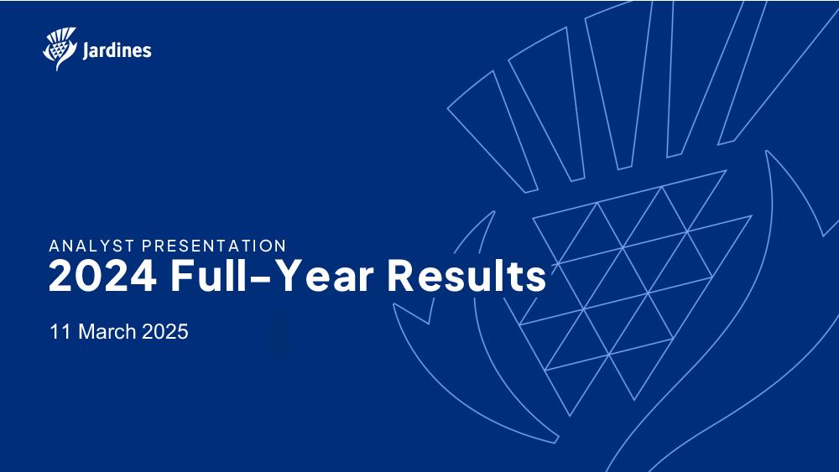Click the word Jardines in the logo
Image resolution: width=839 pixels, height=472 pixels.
117,51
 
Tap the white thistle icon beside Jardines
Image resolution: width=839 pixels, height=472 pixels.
60,49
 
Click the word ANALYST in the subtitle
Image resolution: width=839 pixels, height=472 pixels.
91,246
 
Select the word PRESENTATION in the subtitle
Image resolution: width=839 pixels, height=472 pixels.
214,246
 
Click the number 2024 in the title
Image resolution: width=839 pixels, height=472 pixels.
102,276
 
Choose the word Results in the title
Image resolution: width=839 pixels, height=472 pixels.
466,275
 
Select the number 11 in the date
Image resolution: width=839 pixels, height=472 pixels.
60,331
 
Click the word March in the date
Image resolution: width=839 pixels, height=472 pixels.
107,331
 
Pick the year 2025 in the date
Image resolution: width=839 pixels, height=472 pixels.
165,331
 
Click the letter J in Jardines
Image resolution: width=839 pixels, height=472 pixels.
86,51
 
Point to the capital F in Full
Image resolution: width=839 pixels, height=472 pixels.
182,276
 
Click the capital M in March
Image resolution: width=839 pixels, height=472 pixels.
86,331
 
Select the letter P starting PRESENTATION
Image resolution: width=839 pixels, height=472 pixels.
147,246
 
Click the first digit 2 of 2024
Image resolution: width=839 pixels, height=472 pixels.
61,276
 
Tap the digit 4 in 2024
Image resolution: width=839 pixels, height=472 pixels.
143,276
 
